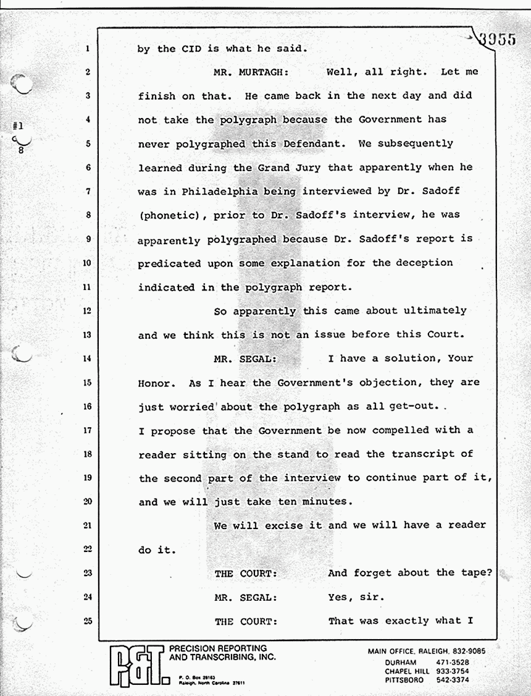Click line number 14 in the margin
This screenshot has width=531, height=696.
tap(88, 358)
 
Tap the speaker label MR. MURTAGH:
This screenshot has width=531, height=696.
tap(251, 72)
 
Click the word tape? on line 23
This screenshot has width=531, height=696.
tap(476, 572)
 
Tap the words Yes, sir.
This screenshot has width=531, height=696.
tap(356, 597)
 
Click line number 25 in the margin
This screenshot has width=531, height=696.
tap(88, 621)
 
